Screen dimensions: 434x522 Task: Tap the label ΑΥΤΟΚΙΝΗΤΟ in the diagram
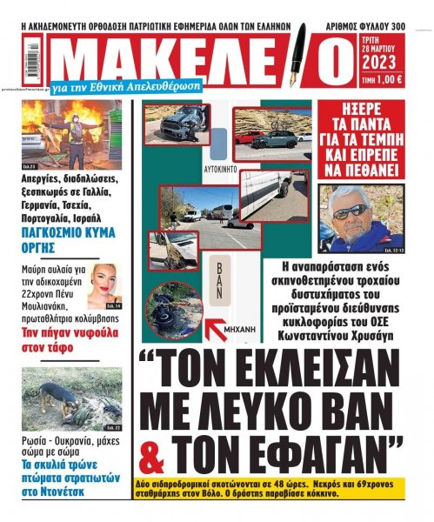click(222, 163)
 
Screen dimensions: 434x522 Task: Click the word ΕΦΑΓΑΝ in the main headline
click(316, 451)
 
